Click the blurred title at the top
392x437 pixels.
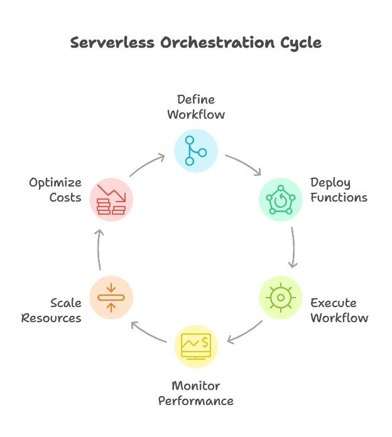pyautogui.click(x=195, y=43)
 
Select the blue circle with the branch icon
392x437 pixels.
pyautogui.click(x=195, y=151)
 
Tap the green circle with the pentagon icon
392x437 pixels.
pyautogui.click(x=280, y=200)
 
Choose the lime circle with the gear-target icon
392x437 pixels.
pyautogui.click(x=280, y=298)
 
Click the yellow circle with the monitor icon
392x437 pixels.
pyautogui.click(x=195, y=345)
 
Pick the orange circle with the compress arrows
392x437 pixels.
pyautogui.click(x=111, y=298)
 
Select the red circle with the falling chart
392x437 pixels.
pyautogui.click(x=111, y=200)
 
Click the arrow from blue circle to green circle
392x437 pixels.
pyautogui.click(x=241, y=162)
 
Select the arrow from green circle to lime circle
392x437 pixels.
pyautogui.click(x=293, y=248)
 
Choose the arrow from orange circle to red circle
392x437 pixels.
pyautogui.click(x=99, y=249)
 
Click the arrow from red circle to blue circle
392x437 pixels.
pyautogui.click(x=146, y=165)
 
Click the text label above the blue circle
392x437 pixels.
pyautogui.click(x=195, y=107)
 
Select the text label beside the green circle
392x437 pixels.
pyautogui.click(x=338, y=190)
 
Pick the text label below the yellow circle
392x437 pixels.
pyautogui.click(x=195, y=393)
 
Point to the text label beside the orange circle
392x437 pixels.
pyautogui.click(x=53, y=311)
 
